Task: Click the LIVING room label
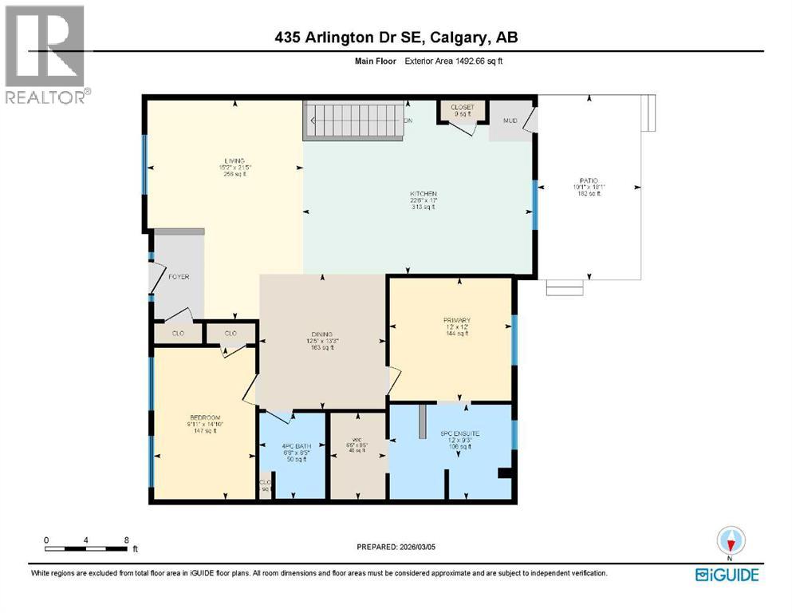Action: pos(234,160)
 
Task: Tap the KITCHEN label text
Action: pos(424,193)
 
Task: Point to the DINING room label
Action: pos(321,334)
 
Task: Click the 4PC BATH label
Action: pos(290,444)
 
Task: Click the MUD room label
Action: pos(510,121)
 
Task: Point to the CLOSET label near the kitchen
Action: pos(462,107)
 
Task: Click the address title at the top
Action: pos(396,38)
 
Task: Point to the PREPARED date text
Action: pos(398,548)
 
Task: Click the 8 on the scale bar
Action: pos(128,540)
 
